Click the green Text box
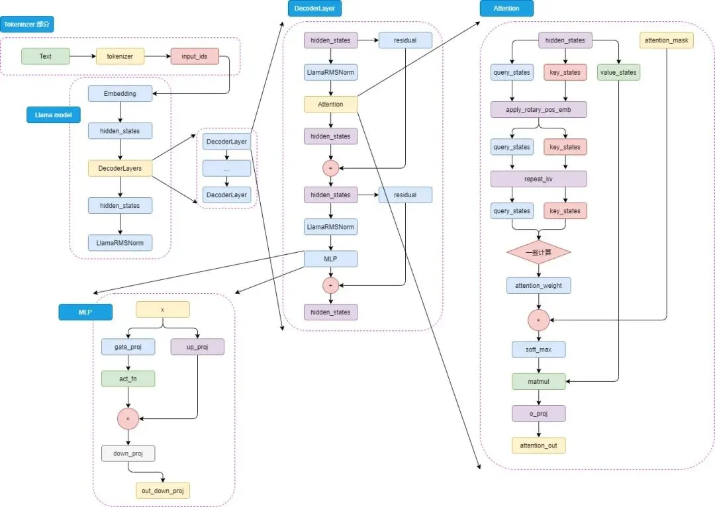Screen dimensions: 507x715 tap(45, 56)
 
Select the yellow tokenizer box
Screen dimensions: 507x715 tap(120, 56)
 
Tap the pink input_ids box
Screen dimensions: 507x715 tap(195, 56)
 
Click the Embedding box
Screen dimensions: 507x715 tap(120, 94)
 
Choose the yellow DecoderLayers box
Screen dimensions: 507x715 tap(120, 169)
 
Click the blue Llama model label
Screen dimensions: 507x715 tap(53, 115)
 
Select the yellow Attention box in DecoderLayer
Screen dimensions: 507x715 tap(330, 104)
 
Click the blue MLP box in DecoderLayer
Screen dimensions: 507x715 tap(330, 259)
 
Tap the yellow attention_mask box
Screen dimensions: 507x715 tap(667, 41)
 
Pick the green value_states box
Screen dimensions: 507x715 tap(618, 72)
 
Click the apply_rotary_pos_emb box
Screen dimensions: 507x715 tap(538, 109)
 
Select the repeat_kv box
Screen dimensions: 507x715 tap(538, 179)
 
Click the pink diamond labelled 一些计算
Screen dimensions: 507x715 tap(538, 253)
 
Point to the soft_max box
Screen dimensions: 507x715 tap(538, 349)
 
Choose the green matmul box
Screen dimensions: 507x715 tap(538, 381)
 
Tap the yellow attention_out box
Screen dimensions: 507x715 tap(538, 445)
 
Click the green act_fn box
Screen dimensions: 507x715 tap(128, 379)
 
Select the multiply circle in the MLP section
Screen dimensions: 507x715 tap(128, 419)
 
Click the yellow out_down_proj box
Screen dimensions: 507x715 tap(162, 490)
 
